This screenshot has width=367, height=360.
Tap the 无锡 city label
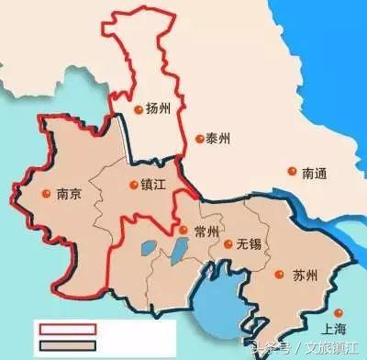(x=248, y=245)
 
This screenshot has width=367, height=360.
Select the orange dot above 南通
(x=292, y=171)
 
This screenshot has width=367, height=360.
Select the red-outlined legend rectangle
(x=67, y=328)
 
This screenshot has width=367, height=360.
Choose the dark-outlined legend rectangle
(x=67, y=344)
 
